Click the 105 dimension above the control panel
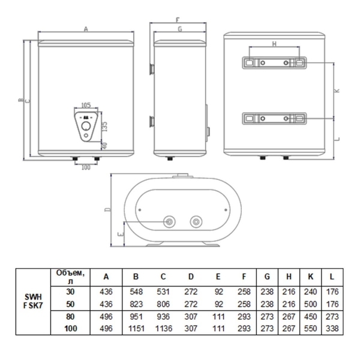point(86,105)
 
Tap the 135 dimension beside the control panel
point(104,127)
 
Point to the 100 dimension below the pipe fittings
point(86,167)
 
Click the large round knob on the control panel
point(86,126)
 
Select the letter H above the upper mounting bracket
point(274,44)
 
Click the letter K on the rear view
point(337,91)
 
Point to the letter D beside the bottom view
point(107,209)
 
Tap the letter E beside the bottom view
point(121,234)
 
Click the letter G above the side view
point(180,29)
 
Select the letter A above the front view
point(86,29)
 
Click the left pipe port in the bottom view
point(169,222)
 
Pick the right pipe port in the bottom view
point(196,222)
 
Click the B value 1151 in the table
point(136,328)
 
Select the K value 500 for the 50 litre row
point(310,304)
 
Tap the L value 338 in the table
point(332,328)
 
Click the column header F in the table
point(244,277)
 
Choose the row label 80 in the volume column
point(70,316)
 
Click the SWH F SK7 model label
point(33,301)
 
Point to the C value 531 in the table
point(163,292)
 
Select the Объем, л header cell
point(70,277)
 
